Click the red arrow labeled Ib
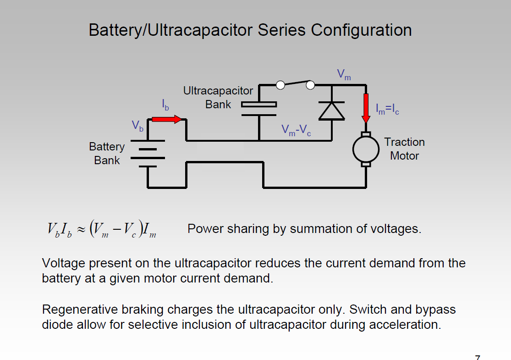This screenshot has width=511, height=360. coord(166,119)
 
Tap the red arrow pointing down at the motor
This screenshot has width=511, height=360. coord(366,108)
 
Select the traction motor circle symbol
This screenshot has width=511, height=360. coord(366,150)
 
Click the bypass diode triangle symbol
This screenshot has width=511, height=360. coord(332,111)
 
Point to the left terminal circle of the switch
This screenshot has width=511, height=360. coord(280,85)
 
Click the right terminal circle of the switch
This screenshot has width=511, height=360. coord(310,85)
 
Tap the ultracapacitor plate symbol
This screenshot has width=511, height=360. coord(259,109)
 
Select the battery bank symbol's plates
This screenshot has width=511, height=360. coord(148,154)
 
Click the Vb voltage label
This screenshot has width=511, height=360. coord(137,126)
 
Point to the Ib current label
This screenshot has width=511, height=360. coord(165,105)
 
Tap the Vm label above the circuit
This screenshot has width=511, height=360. coord(344,74)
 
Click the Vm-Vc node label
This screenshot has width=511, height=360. coord(296,130)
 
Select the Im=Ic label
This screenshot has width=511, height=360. coord(387,109)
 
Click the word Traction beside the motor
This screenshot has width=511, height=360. coord(404,142)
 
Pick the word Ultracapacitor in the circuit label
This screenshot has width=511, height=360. coord(218,91)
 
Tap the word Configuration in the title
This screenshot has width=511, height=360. coord(361,30)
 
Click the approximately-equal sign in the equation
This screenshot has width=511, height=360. coord(81,229)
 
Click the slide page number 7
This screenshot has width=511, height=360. coord(478,357)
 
